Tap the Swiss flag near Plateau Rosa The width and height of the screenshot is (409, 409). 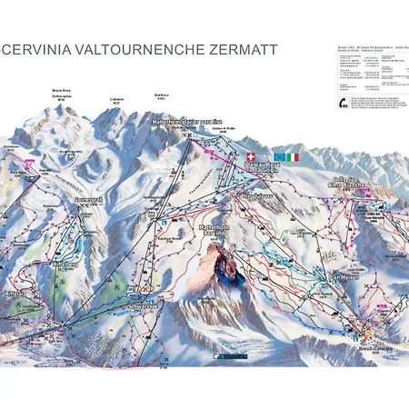pyautogui.click(x=251, y=157)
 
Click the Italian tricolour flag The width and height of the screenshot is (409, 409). pyautogui.click(x=292, y=157)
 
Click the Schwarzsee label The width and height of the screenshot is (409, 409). pyautogui.click(x=145, y=307)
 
